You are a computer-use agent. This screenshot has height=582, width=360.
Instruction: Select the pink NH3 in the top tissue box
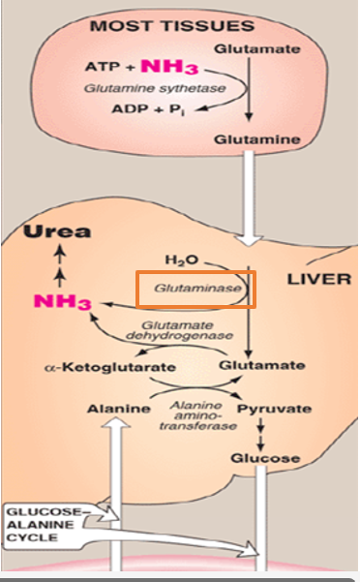click(171, 67)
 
